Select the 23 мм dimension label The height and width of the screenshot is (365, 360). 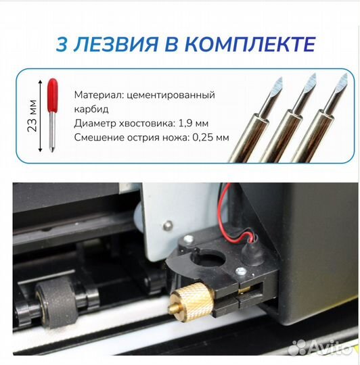click(32, 116)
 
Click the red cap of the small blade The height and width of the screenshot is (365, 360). click(52, 95)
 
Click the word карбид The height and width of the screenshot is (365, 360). click(91, 109)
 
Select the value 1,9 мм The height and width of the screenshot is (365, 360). click(194, 123)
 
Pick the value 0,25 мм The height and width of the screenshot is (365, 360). click(210, 138)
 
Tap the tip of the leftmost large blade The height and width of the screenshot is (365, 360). click(282, 78)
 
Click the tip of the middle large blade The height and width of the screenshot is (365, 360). click(315, 74)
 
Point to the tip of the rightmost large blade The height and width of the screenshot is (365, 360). click(346, 74)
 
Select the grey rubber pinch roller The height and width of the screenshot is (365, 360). click(57, 303)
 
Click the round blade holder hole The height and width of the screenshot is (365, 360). click(208, 259)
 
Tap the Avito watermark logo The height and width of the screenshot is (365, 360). click(320, 347)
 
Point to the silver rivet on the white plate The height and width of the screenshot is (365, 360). click(168, 225)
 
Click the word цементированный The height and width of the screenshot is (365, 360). click(171, 95)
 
